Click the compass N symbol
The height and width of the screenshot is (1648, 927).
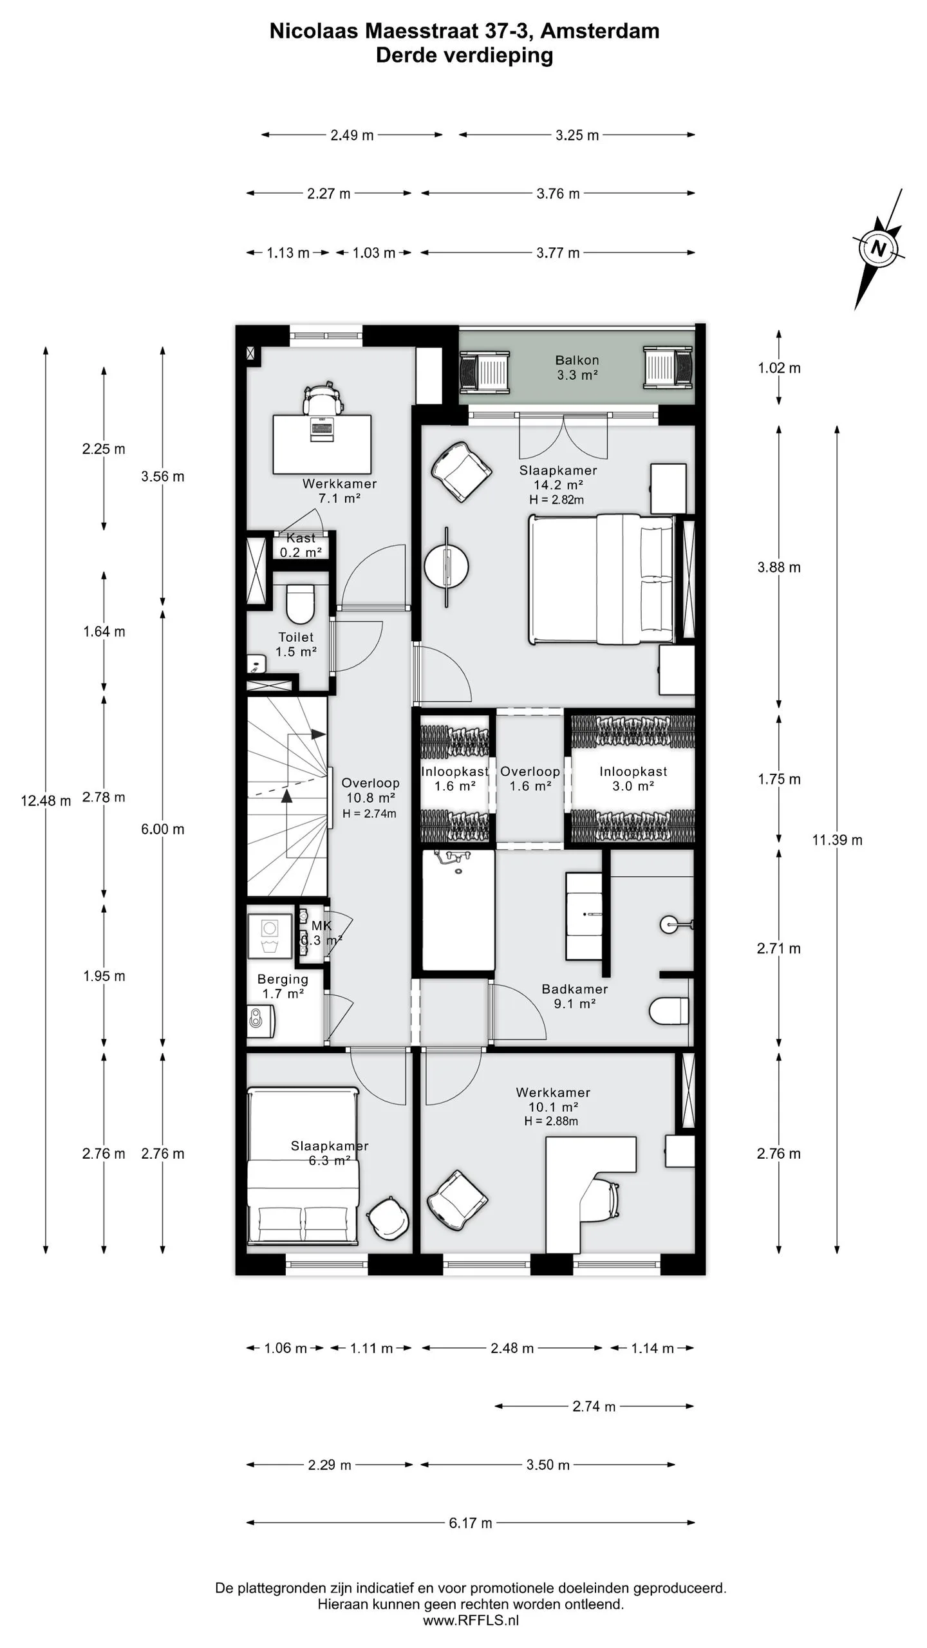[x=878, y=248]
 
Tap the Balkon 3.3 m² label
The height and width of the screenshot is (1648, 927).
[x=577, y=368]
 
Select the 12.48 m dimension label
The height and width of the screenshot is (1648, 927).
[x=46, y=801]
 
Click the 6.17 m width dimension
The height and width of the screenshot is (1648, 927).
[x=471, y=1523]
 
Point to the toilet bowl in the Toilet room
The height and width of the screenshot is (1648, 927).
[x=299, y=604]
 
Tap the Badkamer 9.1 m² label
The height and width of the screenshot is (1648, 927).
[x=575, y=996]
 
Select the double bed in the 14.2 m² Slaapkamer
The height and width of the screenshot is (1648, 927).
[x=602, y=579]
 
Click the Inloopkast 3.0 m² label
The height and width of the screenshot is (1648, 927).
[x=633, y=778]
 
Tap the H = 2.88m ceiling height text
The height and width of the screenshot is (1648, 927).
[x=551, y=1121]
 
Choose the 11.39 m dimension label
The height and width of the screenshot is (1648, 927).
[x=837, y=840]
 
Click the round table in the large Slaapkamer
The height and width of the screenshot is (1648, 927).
[x=446, y=566]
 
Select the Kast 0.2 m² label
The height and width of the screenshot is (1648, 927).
[x=301, y=545]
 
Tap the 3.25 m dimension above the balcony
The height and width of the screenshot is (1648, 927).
[x=577, y=135]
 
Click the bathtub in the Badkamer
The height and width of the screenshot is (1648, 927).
[x=458, y=910]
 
